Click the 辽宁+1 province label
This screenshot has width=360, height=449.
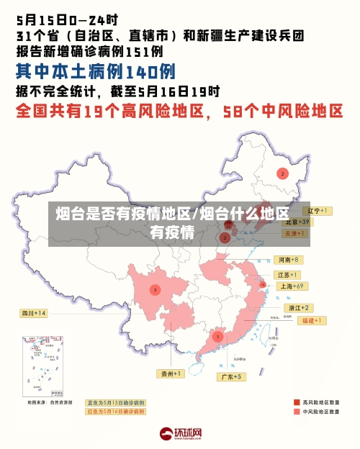click(316, 211)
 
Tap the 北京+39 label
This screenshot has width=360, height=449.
click(296, 222)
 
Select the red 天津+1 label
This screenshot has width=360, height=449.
click(295, 234)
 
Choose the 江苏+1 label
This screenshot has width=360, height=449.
click(288, 275)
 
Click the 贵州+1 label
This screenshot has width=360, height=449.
click(171, 373)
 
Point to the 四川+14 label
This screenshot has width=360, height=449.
click(33, 313)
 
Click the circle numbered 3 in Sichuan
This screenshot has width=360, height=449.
click(154, 290)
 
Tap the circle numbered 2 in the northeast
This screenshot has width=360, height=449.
click(283, 173)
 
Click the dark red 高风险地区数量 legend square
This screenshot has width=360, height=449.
click(296, 402)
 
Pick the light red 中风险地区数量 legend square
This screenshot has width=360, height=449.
click(296, 412)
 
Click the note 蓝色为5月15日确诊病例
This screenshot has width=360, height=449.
click(115, 402)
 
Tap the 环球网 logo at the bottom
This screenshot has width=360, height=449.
click(180, 434)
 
